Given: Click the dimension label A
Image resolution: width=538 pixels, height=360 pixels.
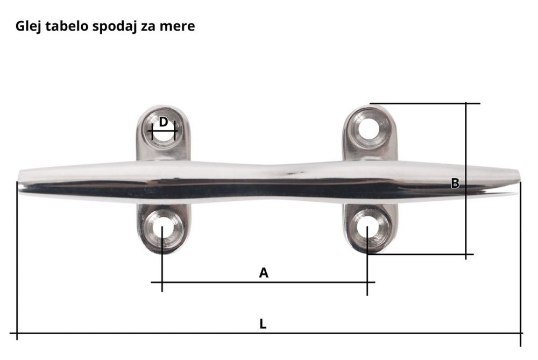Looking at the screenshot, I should point(264,273).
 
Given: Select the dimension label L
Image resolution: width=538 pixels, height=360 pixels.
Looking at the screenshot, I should point(263,324).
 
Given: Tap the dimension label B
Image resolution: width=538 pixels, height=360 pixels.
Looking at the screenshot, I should point(455,183).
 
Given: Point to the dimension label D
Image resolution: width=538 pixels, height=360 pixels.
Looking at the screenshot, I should point(164,122).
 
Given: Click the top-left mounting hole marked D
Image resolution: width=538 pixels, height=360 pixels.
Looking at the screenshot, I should point(164,131).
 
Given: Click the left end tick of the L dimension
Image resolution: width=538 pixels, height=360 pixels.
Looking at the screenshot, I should point(17,334).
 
